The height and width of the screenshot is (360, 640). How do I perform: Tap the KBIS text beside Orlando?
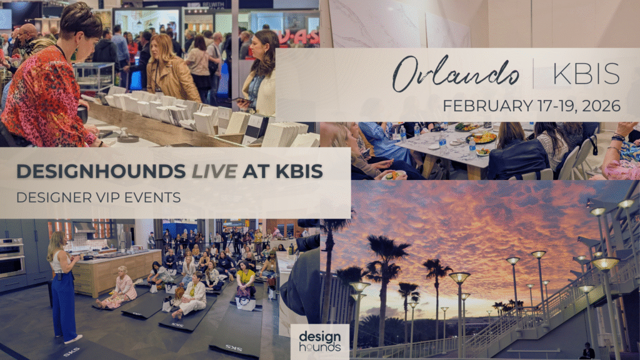tap(586, 74)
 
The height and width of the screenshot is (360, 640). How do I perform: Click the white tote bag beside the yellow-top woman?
tap(246, 303)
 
